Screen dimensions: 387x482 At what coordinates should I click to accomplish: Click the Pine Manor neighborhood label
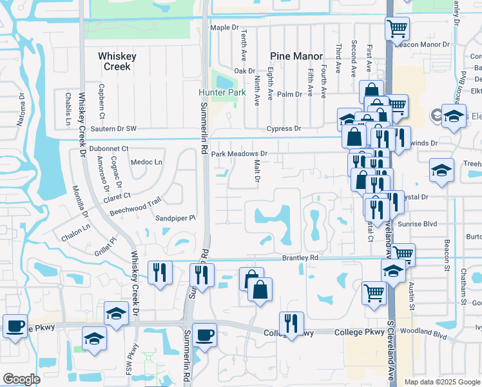(296, 56)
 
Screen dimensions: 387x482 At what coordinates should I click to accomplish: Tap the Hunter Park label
(222, 92)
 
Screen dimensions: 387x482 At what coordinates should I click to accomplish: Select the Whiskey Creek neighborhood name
(117, 61)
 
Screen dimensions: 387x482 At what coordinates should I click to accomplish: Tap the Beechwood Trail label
(134, 206)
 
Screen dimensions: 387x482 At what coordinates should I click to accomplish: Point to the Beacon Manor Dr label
(426, 45)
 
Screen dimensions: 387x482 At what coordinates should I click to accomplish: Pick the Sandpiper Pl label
(175, 218)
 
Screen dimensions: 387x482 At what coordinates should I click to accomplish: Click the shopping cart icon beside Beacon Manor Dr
(398, 28)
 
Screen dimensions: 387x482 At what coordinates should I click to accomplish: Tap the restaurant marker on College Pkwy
(291, 324)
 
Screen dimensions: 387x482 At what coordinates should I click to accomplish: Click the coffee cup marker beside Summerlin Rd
(205, 335)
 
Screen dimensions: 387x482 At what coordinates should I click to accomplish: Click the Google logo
(22, 379)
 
